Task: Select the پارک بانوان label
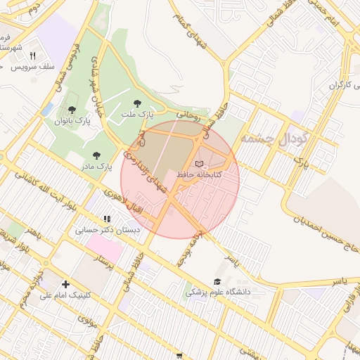(x=72, y=120)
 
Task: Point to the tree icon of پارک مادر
(x=96, y=155)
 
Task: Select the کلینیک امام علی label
(x=66, y=295)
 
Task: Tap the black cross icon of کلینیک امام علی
(x=65, y=285)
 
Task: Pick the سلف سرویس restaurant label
(x=32, y=66)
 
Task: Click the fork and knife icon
(x=32, y=56)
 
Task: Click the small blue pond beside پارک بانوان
(x=47, y=110)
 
